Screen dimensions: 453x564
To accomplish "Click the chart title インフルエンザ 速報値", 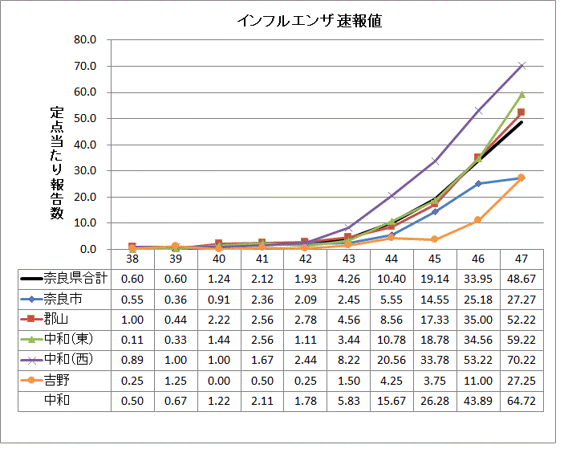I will [309, 21].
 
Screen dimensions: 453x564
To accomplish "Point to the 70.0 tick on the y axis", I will [85, 66].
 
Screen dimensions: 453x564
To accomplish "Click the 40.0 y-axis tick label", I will [85, 145].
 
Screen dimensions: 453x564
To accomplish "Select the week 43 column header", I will [347, 259].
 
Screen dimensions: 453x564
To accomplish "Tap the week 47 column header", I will [521, 259].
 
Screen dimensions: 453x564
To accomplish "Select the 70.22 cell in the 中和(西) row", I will [521, 358].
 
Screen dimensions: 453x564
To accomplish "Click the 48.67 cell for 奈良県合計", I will [521, 279].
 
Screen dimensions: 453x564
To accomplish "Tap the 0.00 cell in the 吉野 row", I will [217, 378].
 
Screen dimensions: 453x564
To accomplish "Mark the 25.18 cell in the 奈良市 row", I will [477, 299].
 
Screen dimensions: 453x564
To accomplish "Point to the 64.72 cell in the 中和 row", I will [521, 398].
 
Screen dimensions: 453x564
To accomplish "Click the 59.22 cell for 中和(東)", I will [521, 338].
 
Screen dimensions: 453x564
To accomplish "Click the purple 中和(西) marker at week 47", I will [521, 65].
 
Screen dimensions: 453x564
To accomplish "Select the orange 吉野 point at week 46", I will [478, 220].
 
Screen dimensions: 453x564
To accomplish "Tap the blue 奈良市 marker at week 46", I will [478, 183].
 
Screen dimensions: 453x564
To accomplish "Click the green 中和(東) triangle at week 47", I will [521, 94].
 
